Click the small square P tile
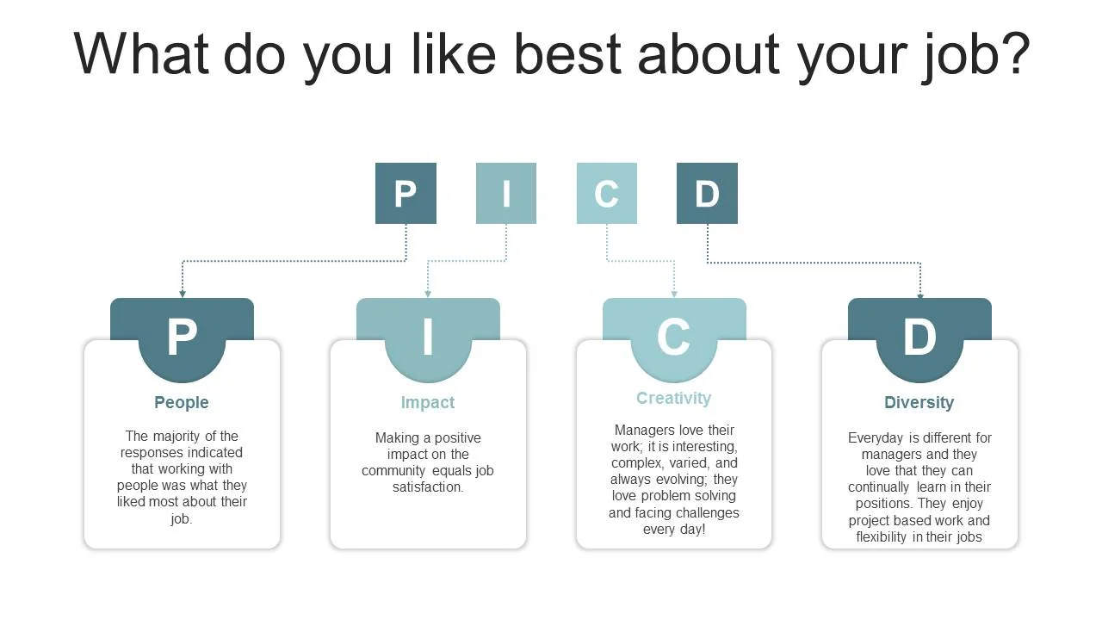[x=406, y=193]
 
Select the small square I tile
[x=506, y=193]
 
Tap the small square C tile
[x=607, y=193]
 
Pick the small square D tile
[x=707, y=193]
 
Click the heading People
[x=182, y=402]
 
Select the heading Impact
[x=428, y=402]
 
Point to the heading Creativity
[x=673, y=398]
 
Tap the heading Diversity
[x=919, y=402]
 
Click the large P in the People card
[x=182, y=338]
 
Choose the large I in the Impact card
[x=428, y=338]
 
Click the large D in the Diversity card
[x=919, y=338]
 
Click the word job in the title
[x=987, y=53]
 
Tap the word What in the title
[x=141, y=53]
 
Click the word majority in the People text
[x=178, y=436]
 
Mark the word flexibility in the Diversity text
[x=888, y=537]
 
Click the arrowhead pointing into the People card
[x=183, y=294]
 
